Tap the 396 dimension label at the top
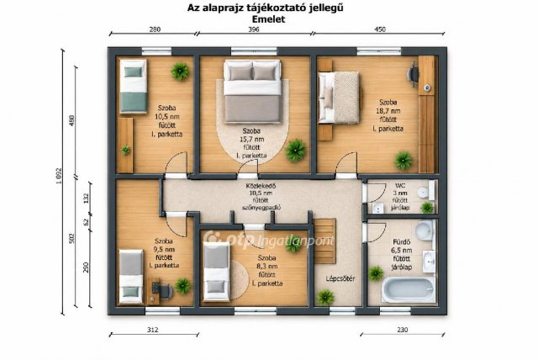point(254,29)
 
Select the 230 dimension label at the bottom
point(403,330)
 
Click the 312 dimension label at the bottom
point(153,330)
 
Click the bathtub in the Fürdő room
point(408,290)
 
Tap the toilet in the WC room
point(426,191)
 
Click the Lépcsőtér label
point(340,278)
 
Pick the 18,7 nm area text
point(388,111)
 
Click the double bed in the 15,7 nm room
point(252,92)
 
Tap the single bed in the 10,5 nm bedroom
point(133,86)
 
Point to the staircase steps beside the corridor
point(325,241)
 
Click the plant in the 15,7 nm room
point(295,151)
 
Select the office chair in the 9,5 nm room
point(166,291)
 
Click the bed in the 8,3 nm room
point(216,271)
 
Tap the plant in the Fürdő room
point(376,273)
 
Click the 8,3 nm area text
point(268,267)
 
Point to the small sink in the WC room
point(377,208)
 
